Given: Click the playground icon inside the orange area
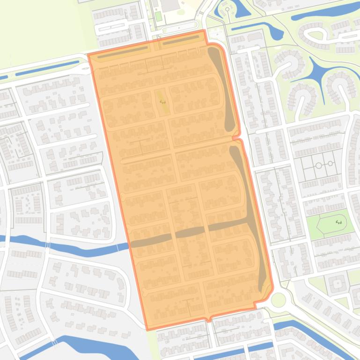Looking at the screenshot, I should (162, 101).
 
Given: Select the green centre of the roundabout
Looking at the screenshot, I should (279, 300).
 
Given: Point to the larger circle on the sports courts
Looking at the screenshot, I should (319, 165).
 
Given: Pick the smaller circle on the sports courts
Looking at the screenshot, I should (331, 163).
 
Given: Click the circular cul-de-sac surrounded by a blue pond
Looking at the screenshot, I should (228, 8).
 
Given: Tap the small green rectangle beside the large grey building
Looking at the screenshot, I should (158, 16).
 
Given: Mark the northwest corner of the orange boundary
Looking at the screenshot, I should (88, 55).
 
